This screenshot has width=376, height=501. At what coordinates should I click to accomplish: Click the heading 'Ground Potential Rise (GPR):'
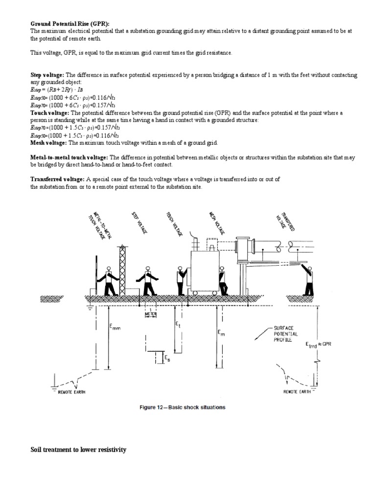click(x=70, y=23)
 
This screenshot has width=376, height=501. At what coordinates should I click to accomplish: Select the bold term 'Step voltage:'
click(x=47, y=75)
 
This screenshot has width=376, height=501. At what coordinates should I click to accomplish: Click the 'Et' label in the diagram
click(x=177, y=324)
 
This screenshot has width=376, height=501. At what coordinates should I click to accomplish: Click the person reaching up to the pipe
click(x=308, y=279)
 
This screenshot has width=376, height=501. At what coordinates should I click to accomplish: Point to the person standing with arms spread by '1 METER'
click(x=148, y=281)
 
